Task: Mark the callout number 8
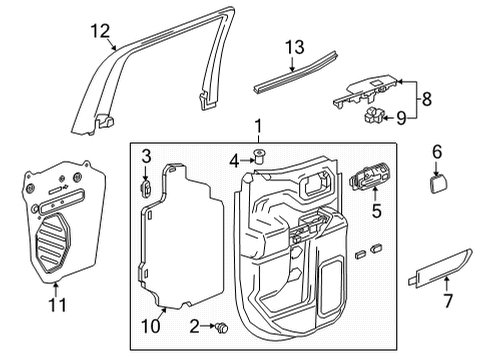(428, 100)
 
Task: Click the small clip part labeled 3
(145, 185)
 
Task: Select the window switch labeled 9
(375, 118)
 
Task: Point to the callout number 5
(376, 212)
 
